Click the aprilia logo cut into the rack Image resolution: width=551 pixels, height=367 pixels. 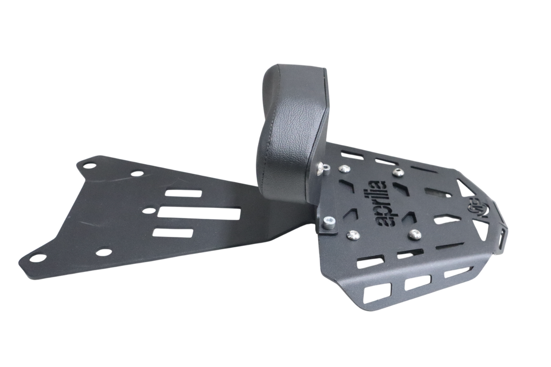(x=379, y=203)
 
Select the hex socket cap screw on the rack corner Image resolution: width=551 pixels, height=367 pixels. (x=329, y=221)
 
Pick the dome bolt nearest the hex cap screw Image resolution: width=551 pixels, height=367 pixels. (x=353, y=235)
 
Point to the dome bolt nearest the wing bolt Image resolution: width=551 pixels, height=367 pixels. (x=344, y=169)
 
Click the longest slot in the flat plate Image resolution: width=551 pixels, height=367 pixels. (x=200, y=213)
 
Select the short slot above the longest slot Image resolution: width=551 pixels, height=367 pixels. (x=183, y=193)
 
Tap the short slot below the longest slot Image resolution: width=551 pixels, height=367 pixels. (x=172, y=233)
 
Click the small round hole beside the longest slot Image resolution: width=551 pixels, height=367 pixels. (x=147, y=210)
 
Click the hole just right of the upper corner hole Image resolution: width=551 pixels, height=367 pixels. (x=137, y=173)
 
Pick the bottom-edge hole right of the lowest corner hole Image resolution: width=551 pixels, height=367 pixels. (x=104, y=252)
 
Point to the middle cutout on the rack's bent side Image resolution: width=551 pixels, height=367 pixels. (x=417, y=283)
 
